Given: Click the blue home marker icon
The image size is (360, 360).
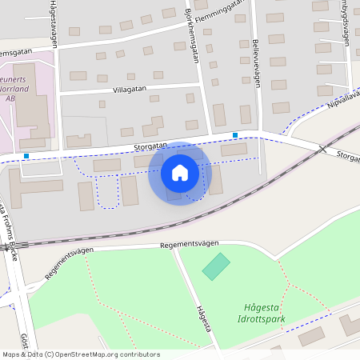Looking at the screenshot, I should pyautogui.click(x=179, y=173).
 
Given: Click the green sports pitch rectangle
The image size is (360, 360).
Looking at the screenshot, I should pyautogui.click(x=215, y=266).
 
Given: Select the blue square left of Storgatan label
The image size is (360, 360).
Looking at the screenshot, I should pyautogui.click(x=26, y=156).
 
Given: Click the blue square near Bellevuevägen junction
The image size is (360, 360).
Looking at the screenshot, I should pyautogui.click(x=235, y=134).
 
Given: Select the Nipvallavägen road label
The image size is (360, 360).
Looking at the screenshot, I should pyautogui.click(x=343, y=99).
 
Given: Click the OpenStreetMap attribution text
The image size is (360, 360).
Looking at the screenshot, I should pyautogui.click(x=80, y=354).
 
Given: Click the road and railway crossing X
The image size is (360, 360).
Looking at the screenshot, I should pyautogui.click(x=322, y=149).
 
